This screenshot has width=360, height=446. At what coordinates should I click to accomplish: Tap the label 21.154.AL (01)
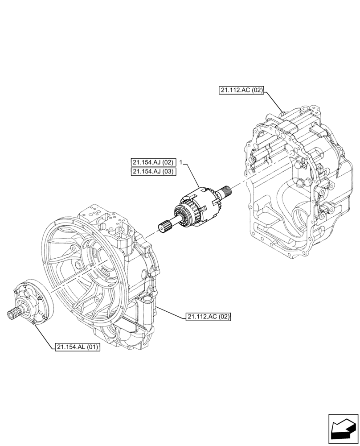coord(78,347)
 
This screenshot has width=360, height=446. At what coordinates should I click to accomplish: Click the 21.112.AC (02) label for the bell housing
coord(209,317)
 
